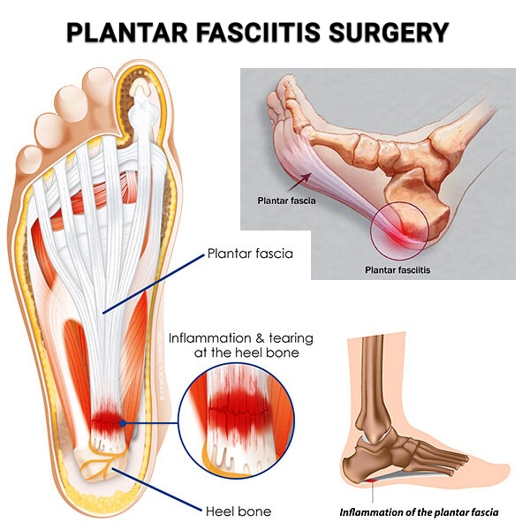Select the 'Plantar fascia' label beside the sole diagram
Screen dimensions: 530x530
(250, 254)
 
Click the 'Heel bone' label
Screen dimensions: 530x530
(238, 511)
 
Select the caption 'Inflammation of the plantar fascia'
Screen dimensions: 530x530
(419, 511)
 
